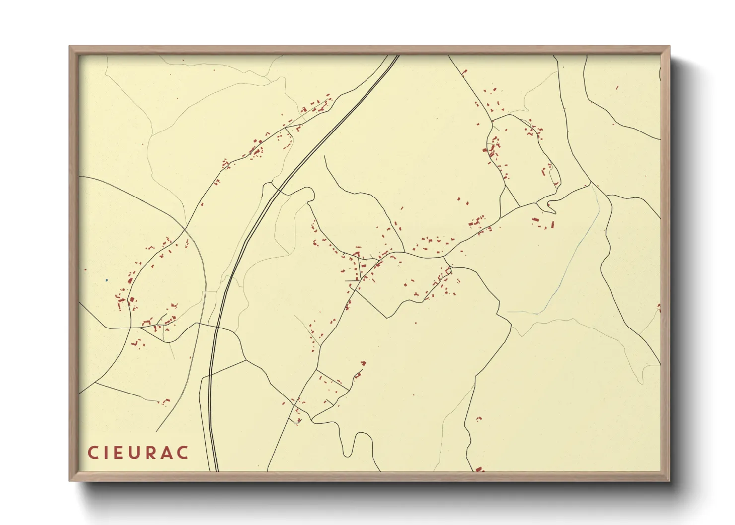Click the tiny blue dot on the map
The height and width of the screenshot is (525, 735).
click(x=106, y=280)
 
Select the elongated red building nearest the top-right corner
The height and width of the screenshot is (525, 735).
click(x=617, y=88)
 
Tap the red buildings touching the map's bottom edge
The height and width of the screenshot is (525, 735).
click(x=479, y=469)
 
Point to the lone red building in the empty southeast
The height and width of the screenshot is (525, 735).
click(x=479, y=419)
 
